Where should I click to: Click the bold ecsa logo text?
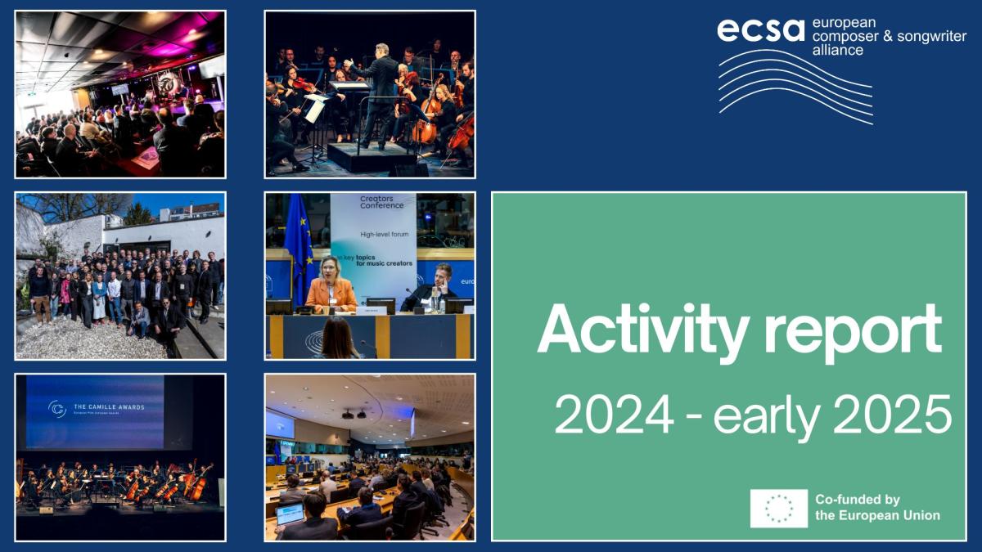coord(760,29)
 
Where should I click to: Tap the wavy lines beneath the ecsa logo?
coord(794,86)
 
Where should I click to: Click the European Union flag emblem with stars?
coord(778,508)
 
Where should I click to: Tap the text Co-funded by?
coord(857,500)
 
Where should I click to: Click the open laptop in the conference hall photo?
coord(290,515)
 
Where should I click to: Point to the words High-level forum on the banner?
coord(384,235)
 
